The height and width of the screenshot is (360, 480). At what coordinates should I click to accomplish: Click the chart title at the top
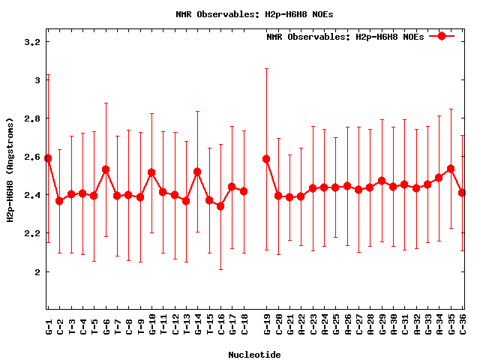coord(254,14)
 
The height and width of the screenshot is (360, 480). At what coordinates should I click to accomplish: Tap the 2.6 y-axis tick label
coord(31,157)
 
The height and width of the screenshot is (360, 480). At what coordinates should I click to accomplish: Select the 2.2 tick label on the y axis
coord(31,233)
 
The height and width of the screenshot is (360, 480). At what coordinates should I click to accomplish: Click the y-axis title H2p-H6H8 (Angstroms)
coord(10,169)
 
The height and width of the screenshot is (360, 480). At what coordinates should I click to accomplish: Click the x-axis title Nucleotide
coord(254,355)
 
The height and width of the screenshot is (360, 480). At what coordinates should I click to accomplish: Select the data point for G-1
coord(48,158)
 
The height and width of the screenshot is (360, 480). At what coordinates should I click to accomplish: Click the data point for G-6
coord(106,169)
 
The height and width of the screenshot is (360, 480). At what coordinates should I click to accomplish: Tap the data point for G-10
coord(151,172)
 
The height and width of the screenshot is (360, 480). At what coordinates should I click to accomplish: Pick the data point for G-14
coord(197,172)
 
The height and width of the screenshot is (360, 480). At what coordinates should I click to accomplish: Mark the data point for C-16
coord(220,205)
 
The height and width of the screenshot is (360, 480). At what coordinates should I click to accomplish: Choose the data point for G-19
coord(266,159)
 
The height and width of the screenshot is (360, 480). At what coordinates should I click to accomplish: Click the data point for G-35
coord(451,169)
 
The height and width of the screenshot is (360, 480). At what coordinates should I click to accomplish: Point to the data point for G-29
coord(382,181)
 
